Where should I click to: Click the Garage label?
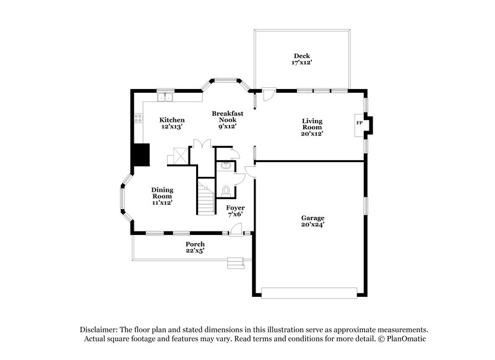point(312,218)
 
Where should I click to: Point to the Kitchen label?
point(171,119)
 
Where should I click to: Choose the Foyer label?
point(235,208)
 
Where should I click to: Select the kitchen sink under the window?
point(165,97)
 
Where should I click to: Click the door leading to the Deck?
point(267,95)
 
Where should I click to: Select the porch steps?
point(235,264)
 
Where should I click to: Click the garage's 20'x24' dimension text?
point(312,225)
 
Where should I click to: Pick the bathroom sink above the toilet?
point(225,165)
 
